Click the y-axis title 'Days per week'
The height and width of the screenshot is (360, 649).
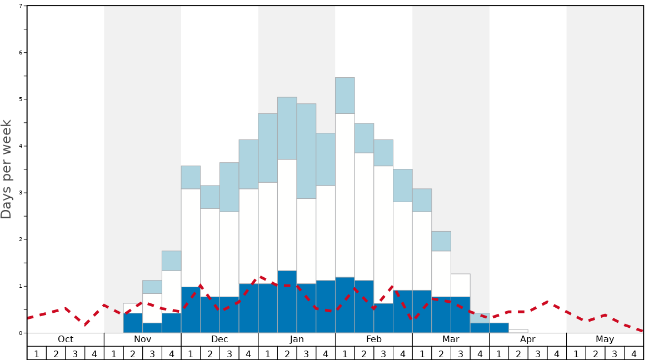coord(7,169)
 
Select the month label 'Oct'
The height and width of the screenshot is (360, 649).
coord(66,339)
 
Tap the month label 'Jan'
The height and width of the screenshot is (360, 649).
coord(297,339)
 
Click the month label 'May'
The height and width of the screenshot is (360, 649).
coord(605,339)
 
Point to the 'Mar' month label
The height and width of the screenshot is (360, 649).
coord(451,339)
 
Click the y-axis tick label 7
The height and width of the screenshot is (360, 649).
coord(21,6)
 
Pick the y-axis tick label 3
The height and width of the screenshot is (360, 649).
coord(21,193)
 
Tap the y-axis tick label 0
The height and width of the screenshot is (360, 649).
coord(21,333)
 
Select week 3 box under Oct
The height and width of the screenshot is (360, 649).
coord(75,353)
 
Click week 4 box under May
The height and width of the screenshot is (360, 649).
coord(633,353)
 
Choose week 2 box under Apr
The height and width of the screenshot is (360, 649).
coord(518,353)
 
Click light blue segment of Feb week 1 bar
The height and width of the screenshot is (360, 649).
coord(345,96)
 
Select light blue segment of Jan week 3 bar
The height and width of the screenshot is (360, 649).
coord(306,151)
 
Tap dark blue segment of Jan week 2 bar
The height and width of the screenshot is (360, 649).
coord(287,302)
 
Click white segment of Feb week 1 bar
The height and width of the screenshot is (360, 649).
coord(345,195)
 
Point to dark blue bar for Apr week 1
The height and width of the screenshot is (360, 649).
coord(499,328)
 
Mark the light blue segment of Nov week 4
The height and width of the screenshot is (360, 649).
coord(171,261)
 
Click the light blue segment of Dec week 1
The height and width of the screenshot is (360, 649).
coord(191,177)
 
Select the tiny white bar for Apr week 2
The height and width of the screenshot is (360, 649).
coord(518,331)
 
